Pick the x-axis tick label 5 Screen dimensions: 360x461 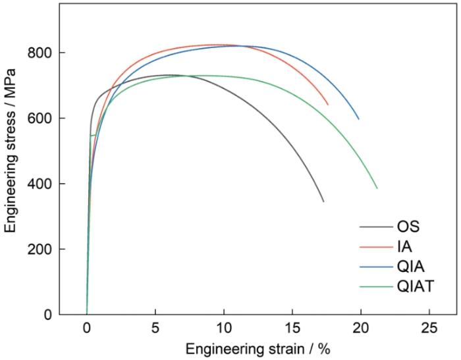pyautogui.click(x=155, y=329)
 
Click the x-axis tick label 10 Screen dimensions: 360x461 pyautogui.click(x=223, y=329)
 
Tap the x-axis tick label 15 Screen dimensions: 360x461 pyautogui.click(x=292, y=329)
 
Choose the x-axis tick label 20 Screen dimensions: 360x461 pyautogui.click(x=361, y=329)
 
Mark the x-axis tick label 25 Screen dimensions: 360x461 pyautogui.click(x=429, y=329)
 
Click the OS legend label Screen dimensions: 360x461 pyautogui.click(x=408, y=227)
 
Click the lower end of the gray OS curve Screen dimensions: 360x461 pyautogui.click(x=323, y=201)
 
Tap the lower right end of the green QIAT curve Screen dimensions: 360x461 pyautogui.click(x=377, y=188)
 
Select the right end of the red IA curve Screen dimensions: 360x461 pyautogui.click(x=328, y=105)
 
